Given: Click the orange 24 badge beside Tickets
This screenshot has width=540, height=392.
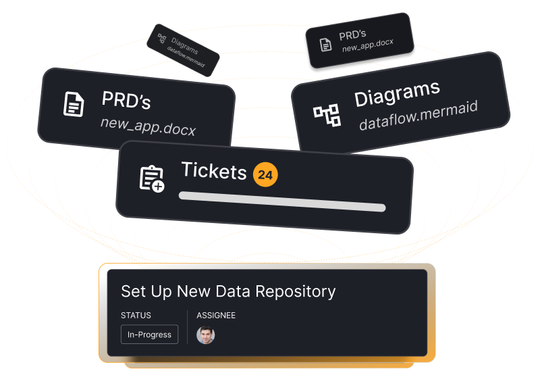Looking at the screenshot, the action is pyautogui.click(x=265, y=175).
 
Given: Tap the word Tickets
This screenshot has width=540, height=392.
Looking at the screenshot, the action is pyautogui.click(x=214, y=171).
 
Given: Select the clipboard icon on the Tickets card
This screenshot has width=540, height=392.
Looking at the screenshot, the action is pyautogui.click(x=151, y=178).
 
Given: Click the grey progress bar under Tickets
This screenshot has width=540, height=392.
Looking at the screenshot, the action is pyautogui.click(x=281, y=201).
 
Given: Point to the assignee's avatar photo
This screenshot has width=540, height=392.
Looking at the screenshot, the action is pyautogui.click(x=205, y=335).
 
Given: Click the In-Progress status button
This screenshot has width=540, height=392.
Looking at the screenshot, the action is pyautogui.click(x=149, y=335).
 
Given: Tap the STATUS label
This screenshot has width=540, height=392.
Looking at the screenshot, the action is pyautogui.click(x=136, y=316).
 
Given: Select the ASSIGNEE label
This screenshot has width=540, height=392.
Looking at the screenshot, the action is pyautogui.click(x=216, y=316).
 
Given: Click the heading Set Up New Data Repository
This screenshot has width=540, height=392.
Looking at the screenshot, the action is pyautogui.click(x=228, y=291).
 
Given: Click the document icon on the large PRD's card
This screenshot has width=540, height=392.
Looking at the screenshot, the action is pyautogui.click(x=74, y=105).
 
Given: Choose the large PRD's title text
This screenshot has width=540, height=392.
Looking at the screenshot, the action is pyautogui.click(x=126, y=101).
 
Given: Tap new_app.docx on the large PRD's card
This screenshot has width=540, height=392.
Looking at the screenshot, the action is pyautogui.click(x=148, y=126).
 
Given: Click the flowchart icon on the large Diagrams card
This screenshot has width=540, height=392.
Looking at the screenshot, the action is pyautogui.click(x=327, y=116).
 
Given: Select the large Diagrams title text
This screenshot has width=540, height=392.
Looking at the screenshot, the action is pyautogui.click(x=397, y=93).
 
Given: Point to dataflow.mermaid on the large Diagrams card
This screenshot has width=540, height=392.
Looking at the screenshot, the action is pyautogui.click(x=418, y=116).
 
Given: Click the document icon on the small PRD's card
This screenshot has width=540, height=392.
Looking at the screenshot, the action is pyautogui.click(x=326, y=45).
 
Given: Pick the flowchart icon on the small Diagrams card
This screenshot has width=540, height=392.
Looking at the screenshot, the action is pyautogui.click(x=161, y=39).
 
